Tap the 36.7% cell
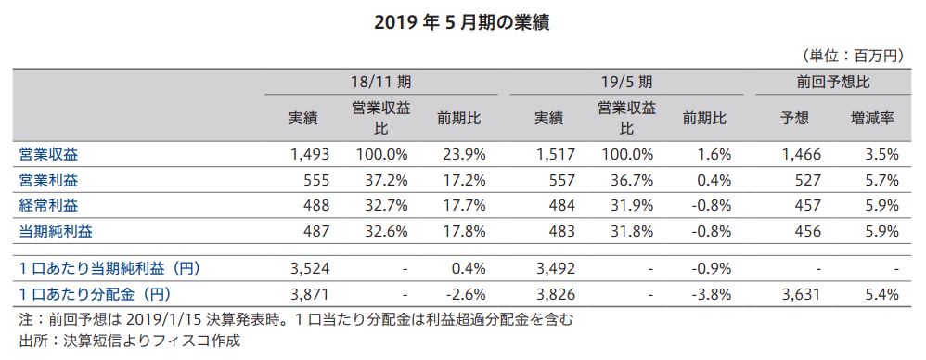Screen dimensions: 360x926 tap(628, 177)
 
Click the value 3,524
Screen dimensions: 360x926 tap(298, 269)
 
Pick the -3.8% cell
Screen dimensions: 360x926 tap(708, 295)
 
